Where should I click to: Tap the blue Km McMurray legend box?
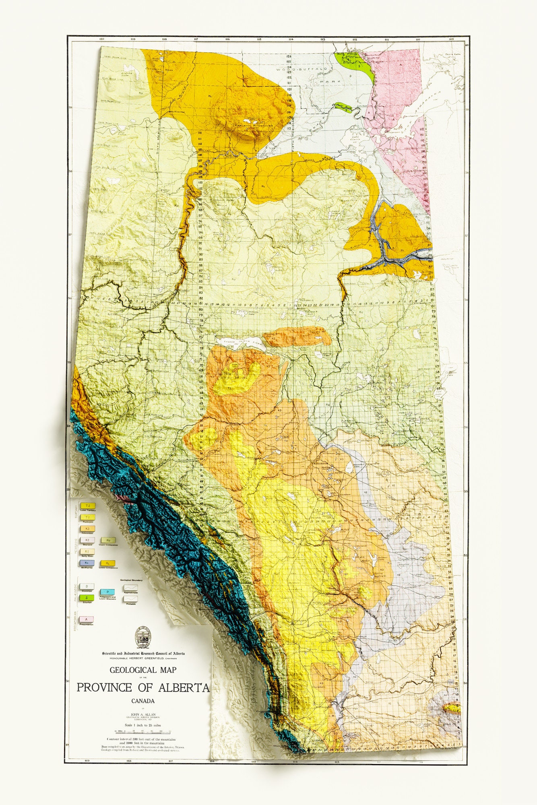(x=87, y=562)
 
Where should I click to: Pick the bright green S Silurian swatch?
(x=87, y=597)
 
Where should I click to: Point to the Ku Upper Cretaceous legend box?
(x=108, y=540)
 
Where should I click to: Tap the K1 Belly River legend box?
(x=87, y=551)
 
